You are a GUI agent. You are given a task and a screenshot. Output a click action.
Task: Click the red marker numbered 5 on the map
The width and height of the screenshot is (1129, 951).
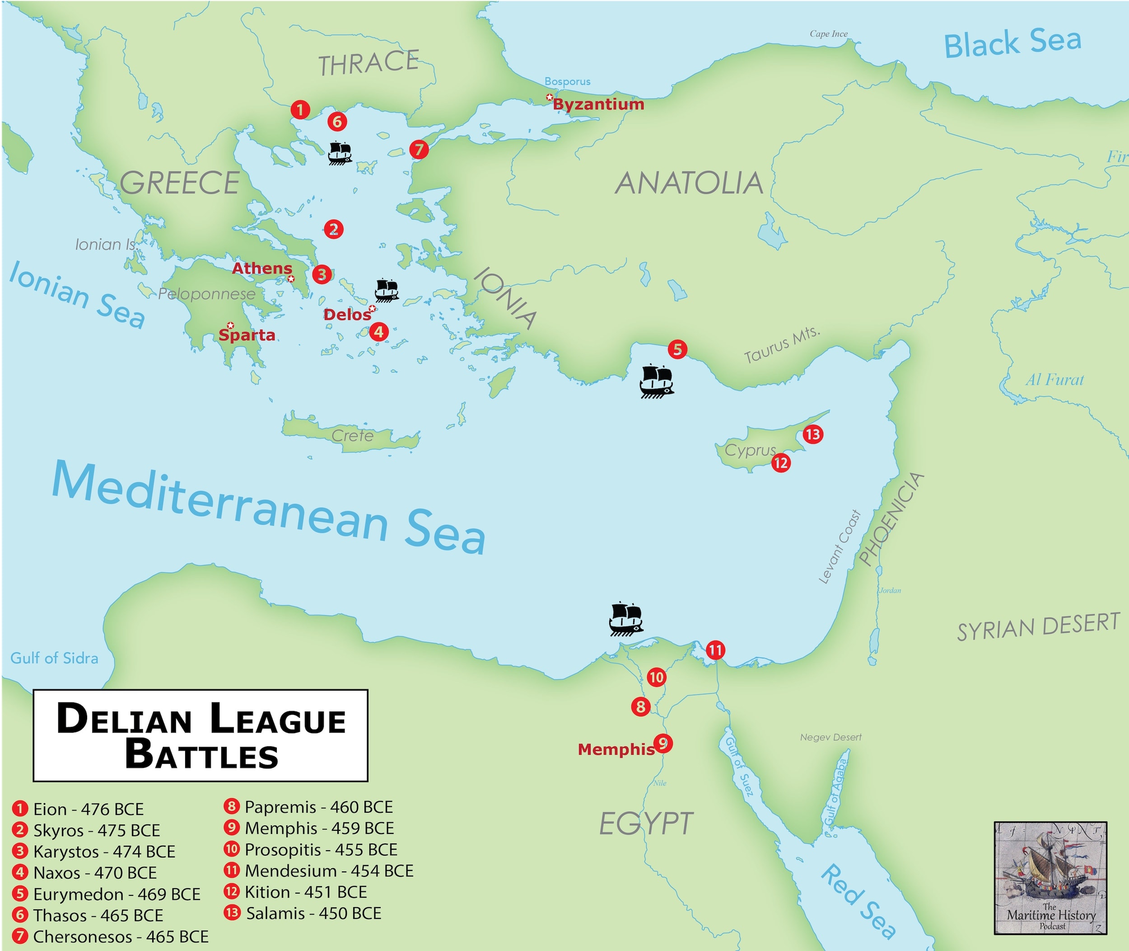tap(677, 349)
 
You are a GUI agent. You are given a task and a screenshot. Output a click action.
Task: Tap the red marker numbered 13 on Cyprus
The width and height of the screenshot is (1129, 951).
tap(812, 434)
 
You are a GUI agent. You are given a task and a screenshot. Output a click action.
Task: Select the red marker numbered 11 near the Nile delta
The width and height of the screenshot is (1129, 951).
tap(715, 650)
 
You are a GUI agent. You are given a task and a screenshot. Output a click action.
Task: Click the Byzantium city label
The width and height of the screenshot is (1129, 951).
tap(598, 104)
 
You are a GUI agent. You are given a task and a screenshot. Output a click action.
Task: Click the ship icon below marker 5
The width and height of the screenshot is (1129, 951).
tap(657, 381)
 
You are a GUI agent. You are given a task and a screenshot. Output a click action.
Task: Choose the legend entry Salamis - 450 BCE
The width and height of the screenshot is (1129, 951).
tap(313, 913)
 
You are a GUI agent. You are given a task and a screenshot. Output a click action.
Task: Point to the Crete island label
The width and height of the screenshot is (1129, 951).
tap(352, 436)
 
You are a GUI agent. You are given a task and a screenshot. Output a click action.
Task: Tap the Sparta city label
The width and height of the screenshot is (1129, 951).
tap(247, 335)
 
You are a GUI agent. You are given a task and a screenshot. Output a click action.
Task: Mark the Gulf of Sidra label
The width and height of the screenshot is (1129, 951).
tap(54, 658)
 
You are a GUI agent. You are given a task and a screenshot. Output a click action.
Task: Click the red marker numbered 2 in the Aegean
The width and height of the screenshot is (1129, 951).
tap(333, 229)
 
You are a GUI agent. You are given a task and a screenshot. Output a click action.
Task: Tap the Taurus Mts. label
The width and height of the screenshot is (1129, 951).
tap(782, 344)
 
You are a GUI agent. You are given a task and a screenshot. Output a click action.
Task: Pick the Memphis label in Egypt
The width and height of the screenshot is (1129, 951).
tap(616, 749)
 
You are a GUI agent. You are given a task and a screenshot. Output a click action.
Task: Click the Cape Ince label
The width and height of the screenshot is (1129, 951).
tap(828, 34)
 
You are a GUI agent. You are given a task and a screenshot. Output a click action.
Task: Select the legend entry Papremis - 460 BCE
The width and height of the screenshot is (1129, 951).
tap(318, 807)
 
